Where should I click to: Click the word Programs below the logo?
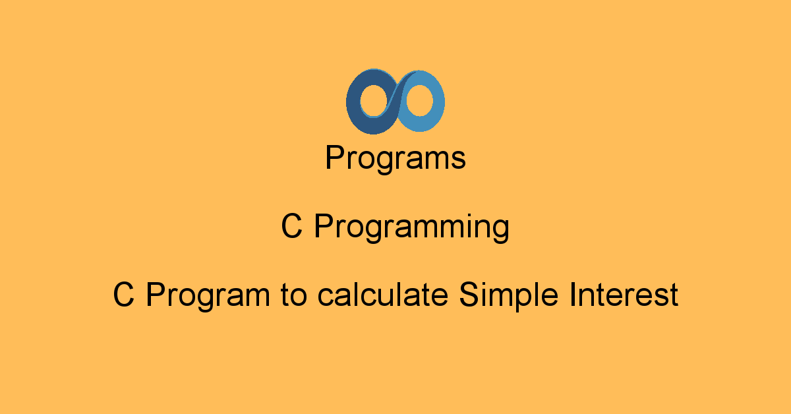click(x=395, y=158)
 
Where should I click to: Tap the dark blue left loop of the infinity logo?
click(x=353, y=102)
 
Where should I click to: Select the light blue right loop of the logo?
click(x=438, y=102)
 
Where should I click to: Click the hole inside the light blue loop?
click(x=420, y=100)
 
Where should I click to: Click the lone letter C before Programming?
click(x=291, y=226)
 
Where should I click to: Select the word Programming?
click(x=412, y=229)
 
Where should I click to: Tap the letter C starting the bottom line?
click(x=124, y=295)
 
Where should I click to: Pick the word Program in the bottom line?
click(x=208, y=297)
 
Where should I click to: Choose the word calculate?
click(x=383, y=294)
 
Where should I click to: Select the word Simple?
click(x=508, y=297)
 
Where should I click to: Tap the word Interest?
click(x=624, y=294)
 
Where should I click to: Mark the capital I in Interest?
click(x=572, y=295)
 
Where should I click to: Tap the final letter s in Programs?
click(x=458, y=160)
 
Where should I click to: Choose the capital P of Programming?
click(x=324, y=226)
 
